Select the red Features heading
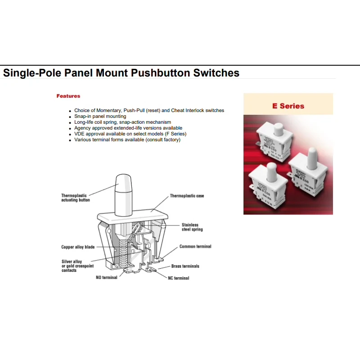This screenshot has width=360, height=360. (x=68, y=96)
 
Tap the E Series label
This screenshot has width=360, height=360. (x=288, y=106)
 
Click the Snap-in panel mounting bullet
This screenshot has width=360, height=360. (x=100, y=116)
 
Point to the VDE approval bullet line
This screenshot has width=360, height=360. (x=130, y=134)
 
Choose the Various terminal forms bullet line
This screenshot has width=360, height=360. (x=127, y=139)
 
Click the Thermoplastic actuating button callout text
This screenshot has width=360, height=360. (x=76, y=198)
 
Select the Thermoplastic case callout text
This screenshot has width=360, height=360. (x=187, y=196)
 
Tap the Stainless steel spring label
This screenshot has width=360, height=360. (x=192, y=227)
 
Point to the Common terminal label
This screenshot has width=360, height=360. (x=195, y=247)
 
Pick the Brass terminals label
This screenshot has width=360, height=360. (x=185, y=266)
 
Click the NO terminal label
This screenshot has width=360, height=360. (x=107, y=278)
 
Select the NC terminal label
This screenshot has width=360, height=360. (x=179, y=278)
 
